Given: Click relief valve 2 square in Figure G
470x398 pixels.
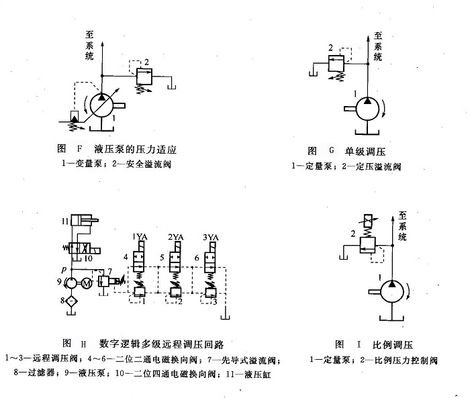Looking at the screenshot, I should pos(337,64).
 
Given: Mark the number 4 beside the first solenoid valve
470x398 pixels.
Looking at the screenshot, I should pos(125,257).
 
